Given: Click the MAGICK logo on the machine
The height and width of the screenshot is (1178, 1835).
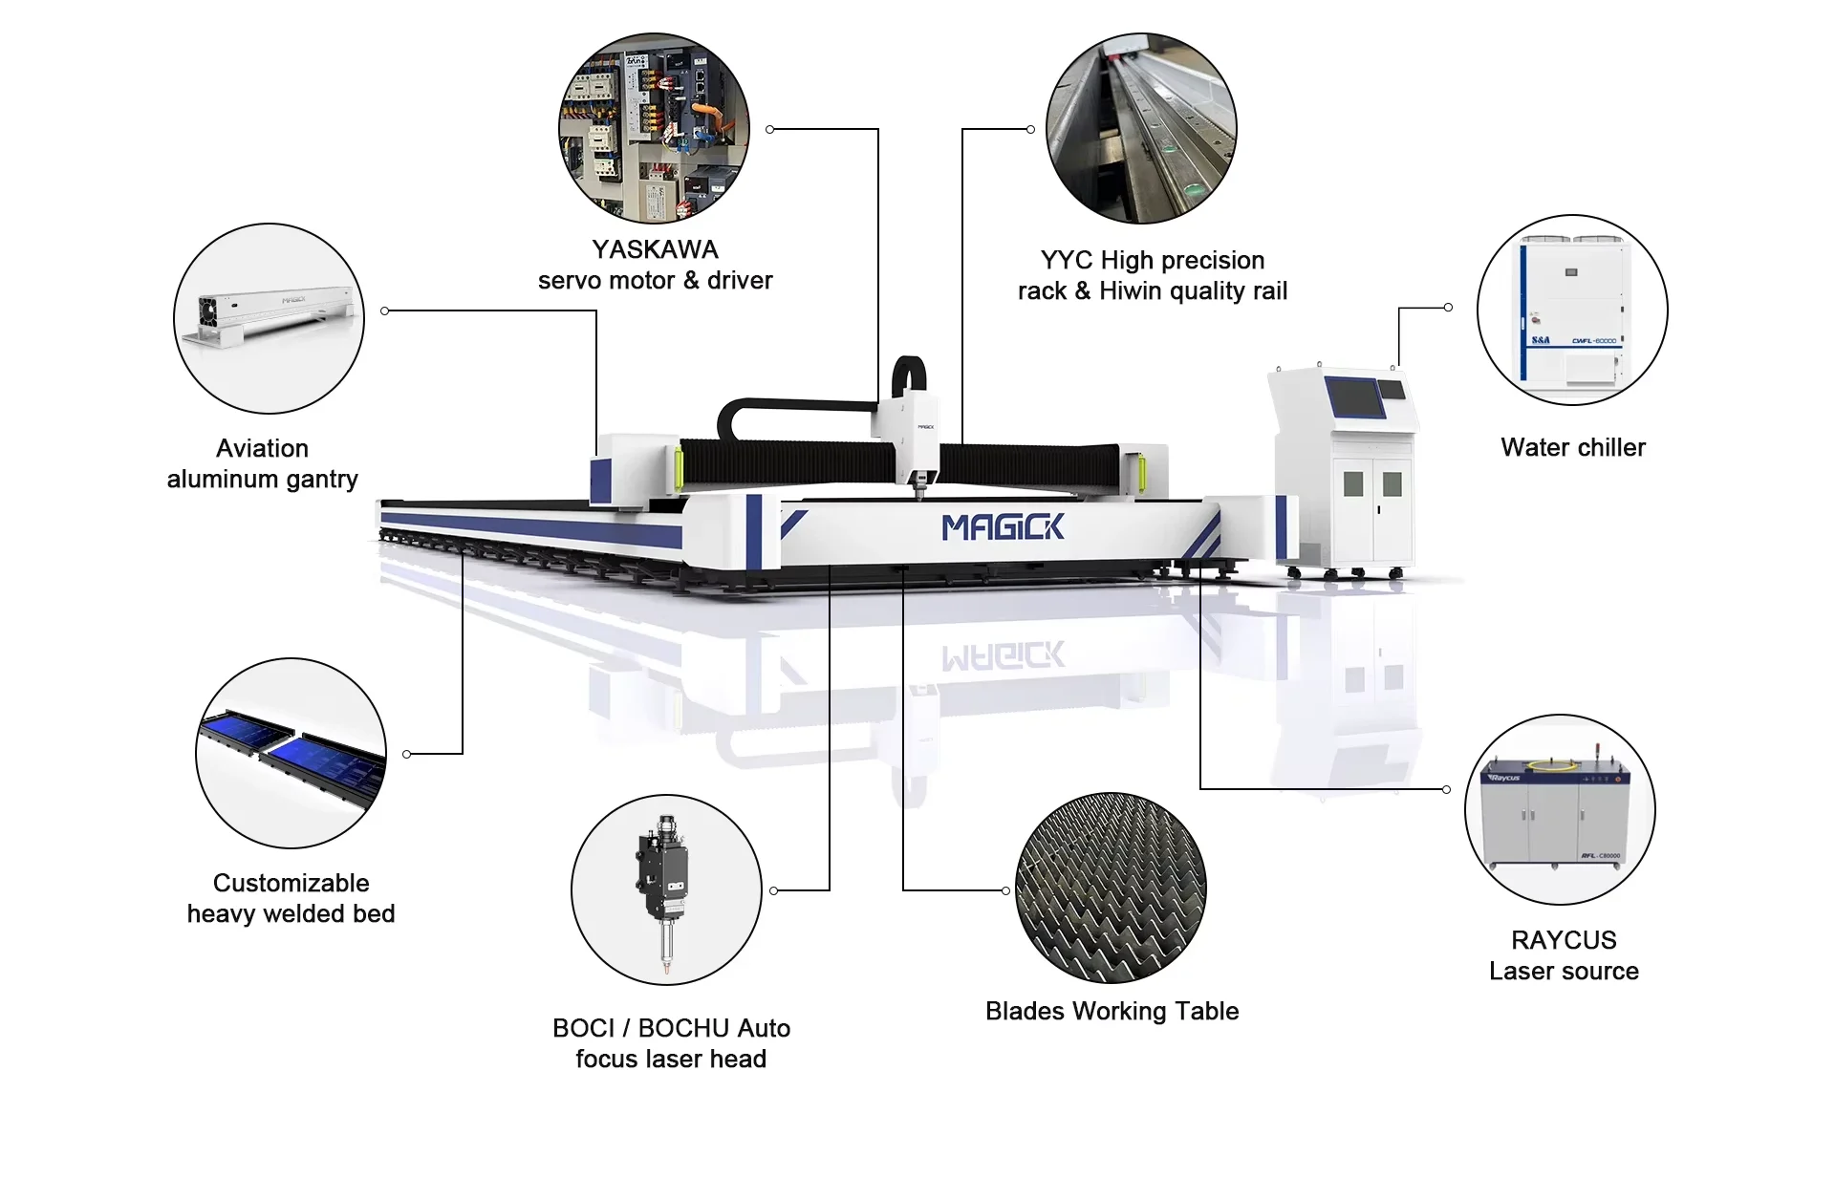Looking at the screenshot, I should point(1002,527).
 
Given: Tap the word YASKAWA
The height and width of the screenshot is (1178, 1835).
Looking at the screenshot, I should point(655,249).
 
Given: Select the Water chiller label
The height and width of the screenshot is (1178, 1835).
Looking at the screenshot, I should point(1573,447).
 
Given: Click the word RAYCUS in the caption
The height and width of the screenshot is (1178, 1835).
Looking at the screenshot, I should point(1564,940).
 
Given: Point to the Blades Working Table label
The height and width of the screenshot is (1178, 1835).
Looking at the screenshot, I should point(1112,1011).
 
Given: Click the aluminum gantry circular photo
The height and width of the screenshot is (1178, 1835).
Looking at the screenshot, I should point(269,318).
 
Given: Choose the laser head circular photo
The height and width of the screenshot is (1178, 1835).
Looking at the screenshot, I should point(666,889).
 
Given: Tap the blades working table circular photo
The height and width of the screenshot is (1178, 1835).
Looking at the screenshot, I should point(1111,888).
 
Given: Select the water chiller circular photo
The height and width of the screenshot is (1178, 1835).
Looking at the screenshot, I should point(1572,310).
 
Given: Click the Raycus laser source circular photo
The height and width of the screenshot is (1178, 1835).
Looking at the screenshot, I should point(1560,809).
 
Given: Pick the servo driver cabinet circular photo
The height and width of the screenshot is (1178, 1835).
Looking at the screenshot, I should point(654,129).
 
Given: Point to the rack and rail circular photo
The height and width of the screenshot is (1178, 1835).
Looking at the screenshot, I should point(1141,129).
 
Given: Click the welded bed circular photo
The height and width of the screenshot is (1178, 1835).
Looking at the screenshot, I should point(291,753).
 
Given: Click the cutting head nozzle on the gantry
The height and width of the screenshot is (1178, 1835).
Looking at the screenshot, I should point(920,492).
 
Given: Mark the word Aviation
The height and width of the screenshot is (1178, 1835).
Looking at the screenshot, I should point(262,448).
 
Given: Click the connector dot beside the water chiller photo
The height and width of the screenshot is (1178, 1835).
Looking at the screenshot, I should point(1448,308).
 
